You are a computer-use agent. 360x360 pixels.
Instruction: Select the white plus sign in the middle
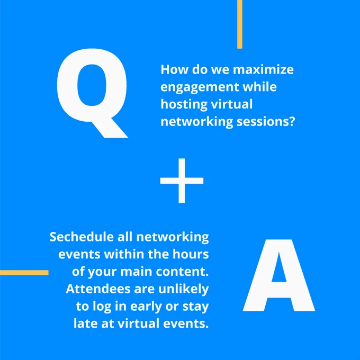click(x=182, y=181)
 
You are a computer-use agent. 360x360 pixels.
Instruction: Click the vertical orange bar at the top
click(x=240, y=24)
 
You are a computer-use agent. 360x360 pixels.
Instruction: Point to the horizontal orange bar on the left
click(x=24, y=273)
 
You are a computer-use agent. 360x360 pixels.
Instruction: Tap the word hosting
click(x=184, y=105)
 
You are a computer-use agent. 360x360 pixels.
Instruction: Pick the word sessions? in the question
click(x=266, y=121)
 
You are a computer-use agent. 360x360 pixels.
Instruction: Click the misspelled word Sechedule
click(x=82, y=237)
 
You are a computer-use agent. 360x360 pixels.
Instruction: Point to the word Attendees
click(x=98, y=289)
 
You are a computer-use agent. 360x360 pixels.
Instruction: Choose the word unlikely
click(x=184, y=290)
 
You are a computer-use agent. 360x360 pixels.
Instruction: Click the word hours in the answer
click(x=191, y=254)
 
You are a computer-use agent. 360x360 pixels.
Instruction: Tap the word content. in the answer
click(x=183, y=272)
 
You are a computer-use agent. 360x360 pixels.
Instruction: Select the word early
click(x=146, y=307)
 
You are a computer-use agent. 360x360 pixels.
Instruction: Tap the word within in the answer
click(x=124, y=254)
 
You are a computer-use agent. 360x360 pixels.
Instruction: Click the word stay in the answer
click(x=195, y=307)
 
